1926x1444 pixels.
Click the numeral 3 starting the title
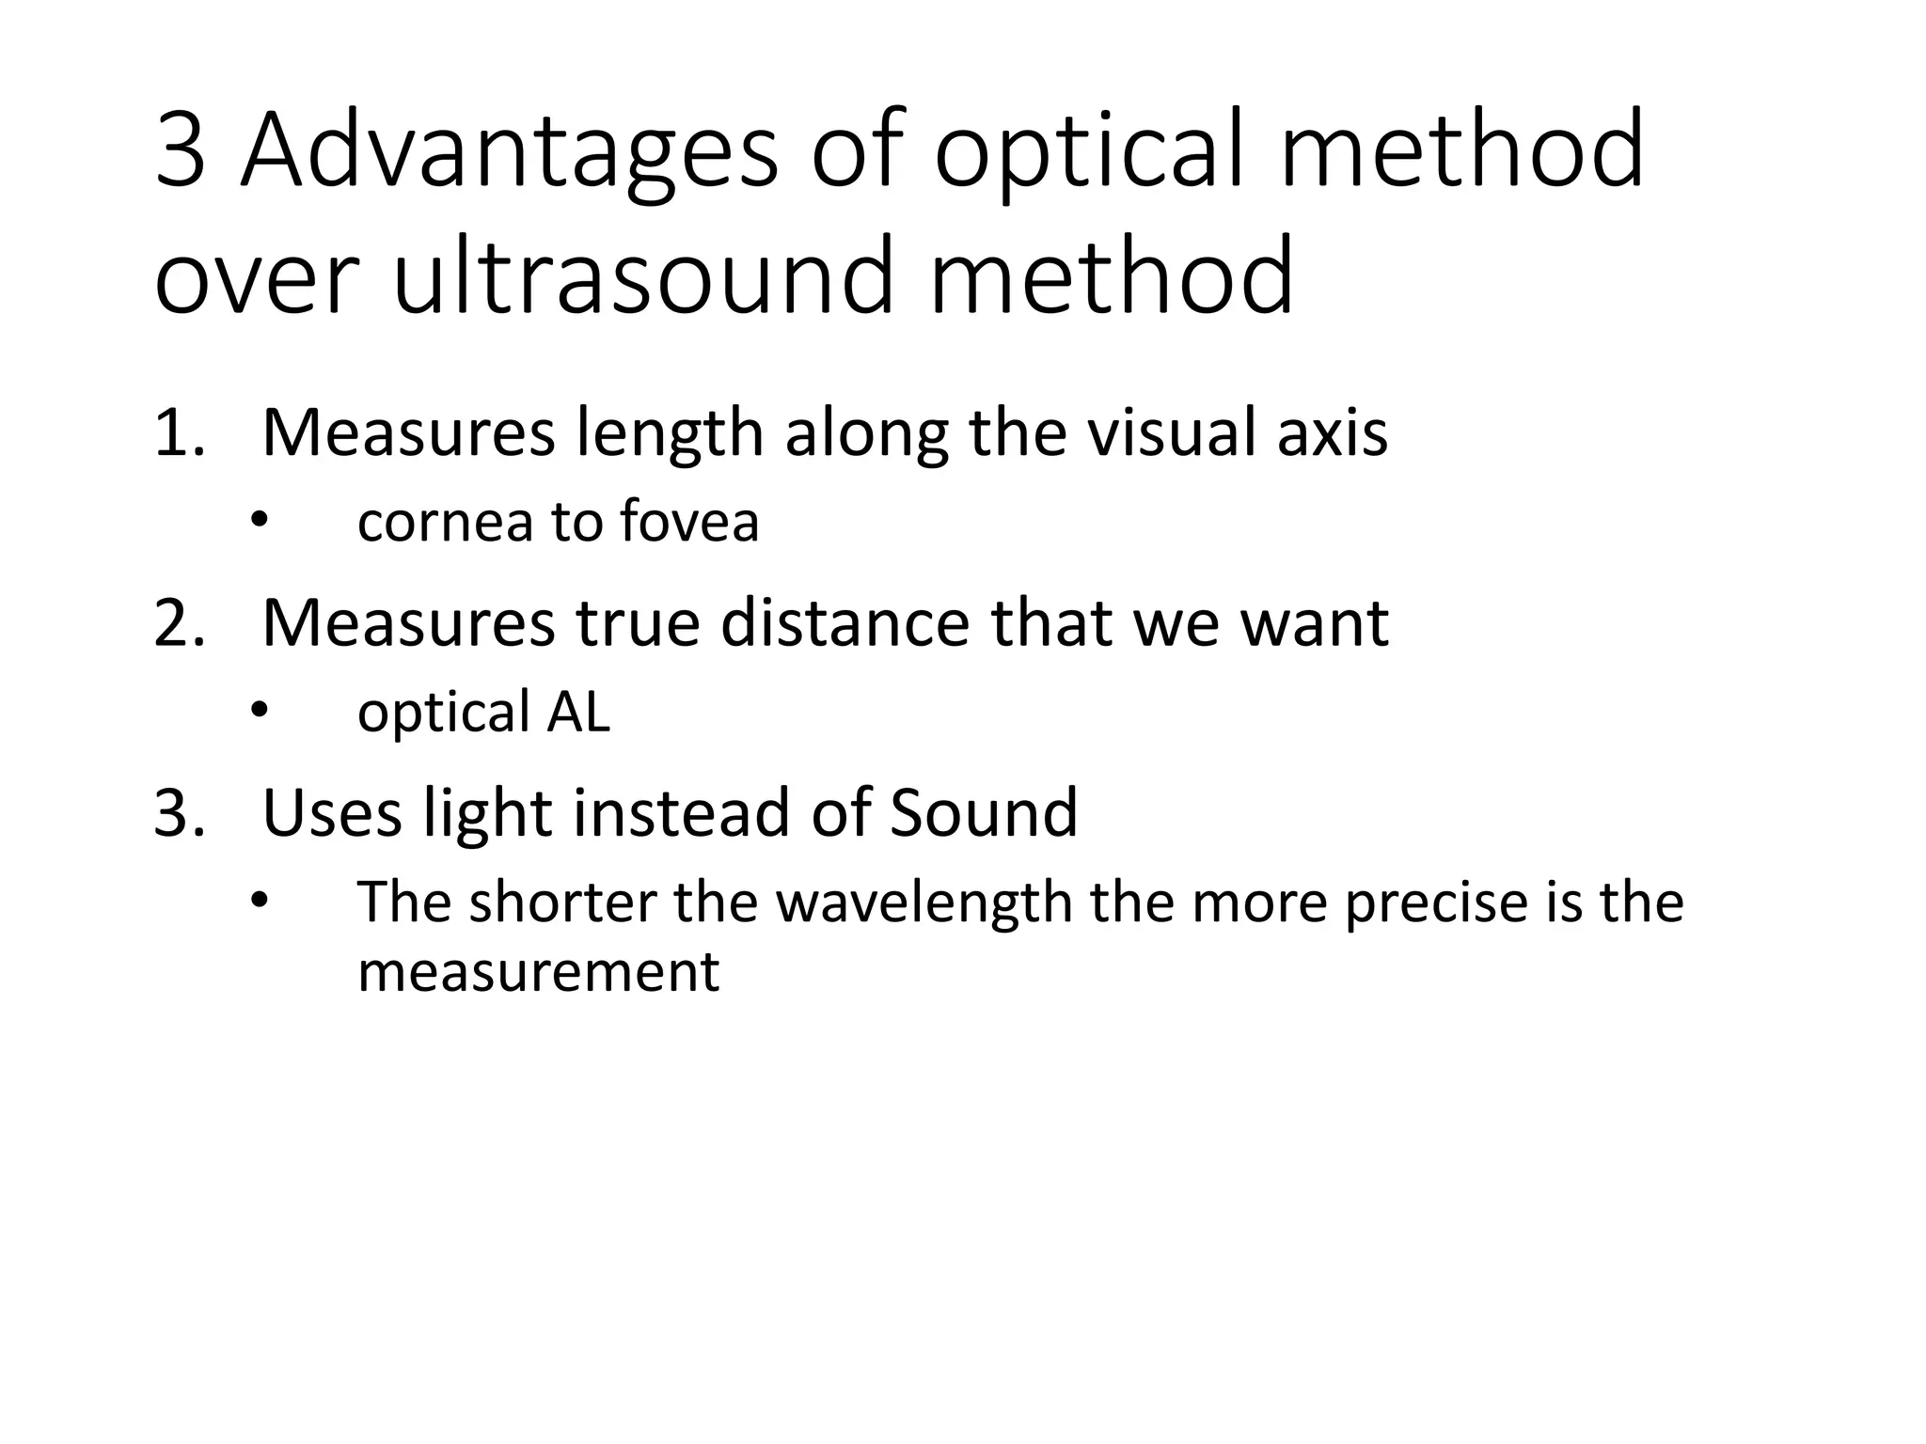tap(180, 150)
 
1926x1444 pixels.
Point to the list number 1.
tap(178, 433)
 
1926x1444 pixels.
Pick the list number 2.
tap(178, 623)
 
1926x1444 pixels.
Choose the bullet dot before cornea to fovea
tap(259, 522)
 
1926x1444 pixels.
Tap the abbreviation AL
tap(578, 712)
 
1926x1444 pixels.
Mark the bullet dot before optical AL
tap(259, 712)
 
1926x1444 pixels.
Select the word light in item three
tap(486, 814)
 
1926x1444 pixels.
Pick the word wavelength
tap(925, 902)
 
